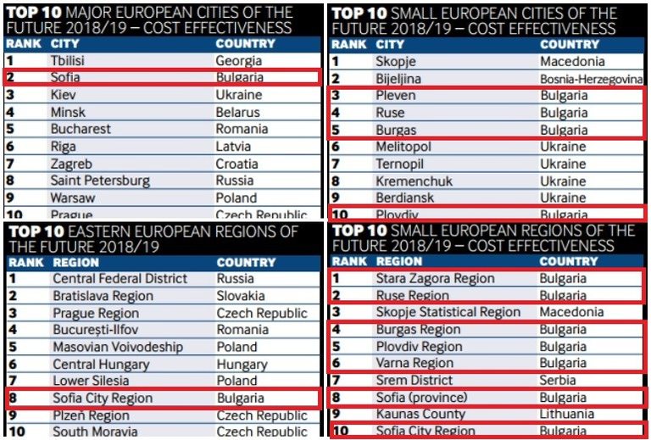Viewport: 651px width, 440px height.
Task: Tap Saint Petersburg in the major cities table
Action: click(x=100, y=181)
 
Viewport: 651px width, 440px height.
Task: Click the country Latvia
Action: click(x=234, y=146)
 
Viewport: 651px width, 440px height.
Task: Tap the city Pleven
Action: click(x=396, y=95)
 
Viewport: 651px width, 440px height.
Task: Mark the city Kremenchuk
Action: click(x=414, y=181)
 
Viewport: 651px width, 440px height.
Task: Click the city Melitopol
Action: click(x=403, y=147)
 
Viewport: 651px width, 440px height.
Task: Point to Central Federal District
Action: click(x=120, y=278)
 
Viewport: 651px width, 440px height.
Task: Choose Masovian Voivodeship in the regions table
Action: click(x=118, y=347)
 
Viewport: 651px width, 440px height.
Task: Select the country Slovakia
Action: click(x=241, y=296)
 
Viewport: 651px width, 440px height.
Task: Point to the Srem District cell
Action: click(x=415, y=381)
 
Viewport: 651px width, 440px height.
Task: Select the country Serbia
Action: click(x=559, y=381)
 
